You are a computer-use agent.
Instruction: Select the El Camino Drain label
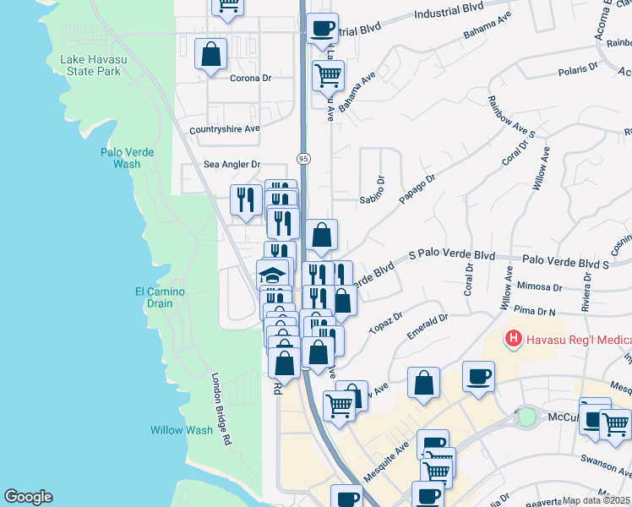160,297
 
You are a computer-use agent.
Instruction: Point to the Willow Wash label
182,430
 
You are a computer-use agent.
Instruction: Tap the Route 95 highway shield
302,159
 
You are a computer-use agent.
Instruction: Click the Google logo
28,497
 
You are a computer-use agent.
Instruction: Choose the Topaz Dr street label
388,330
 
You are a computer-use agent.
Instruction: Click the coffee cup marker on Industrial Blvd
322,28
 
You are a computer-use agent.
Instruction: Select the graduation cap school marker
272,275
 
